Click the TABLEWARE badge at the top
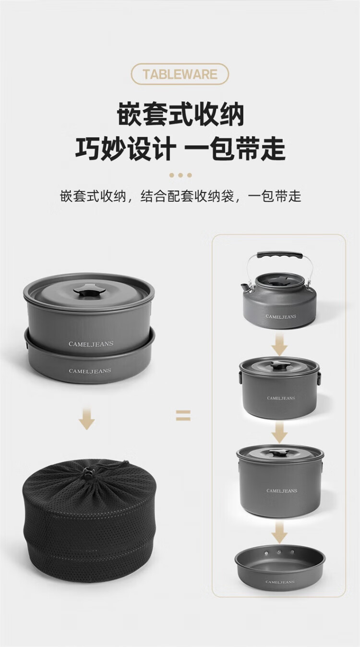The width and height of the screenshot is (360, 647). [180, 74]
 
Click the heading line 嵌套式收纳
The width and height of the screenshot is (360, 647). [180, 115]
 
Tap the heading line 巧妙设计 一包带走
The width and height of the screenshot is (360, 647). [180, 148]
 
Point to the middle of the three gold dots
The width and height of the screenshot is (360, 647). [180, 175]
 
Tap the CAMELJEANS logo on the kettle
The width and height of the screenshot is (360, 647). [281, 316]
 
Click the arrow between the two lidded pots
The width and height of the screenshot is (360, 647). [279, 432]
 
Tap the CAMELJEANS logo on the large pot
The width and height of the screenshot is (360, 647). [281, 491]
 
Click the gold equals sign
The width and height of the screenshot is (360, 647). [183, 416]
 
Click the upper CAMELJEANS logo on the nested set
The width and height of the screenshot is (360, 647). [91, 344]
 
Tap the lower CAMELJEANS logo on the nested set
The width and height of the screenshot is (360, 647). [90, 371]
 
